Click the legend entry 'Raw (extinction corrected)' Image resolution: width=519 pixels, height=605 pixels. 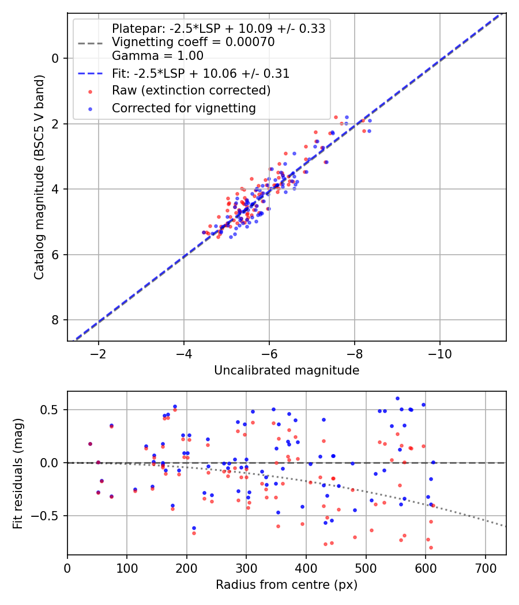point(191,90)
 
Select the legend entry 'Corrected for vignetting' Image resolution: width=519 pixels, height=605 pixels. point(183,108)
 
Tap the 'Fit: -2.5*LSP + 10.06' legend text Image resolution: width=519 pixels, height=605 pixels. point(201,73)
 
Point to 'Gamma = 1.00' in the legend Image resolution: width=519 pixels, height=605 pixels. point(157,56)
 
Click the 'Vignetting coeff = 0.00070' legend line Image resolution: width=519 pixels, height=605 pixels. point(193,42)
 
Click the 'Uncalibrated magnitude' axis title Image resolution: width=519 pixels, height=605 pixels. point(287,370)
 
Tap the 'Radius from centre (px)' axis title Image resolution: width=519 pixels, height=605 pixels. point(287,585)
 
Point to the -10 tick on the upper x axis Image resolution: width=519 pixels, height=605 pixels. point(440,351)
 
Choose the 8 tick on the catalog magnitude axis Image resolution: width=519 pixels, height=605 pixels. point(56,320)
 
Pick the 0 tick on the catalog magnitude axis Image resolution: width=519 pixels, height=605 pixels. point(56,58)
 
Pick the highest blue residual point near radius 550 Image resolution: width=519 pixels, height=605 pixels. point(397,398)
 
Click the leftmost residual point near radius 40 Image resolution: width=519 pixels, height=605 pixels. point(90,444)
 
